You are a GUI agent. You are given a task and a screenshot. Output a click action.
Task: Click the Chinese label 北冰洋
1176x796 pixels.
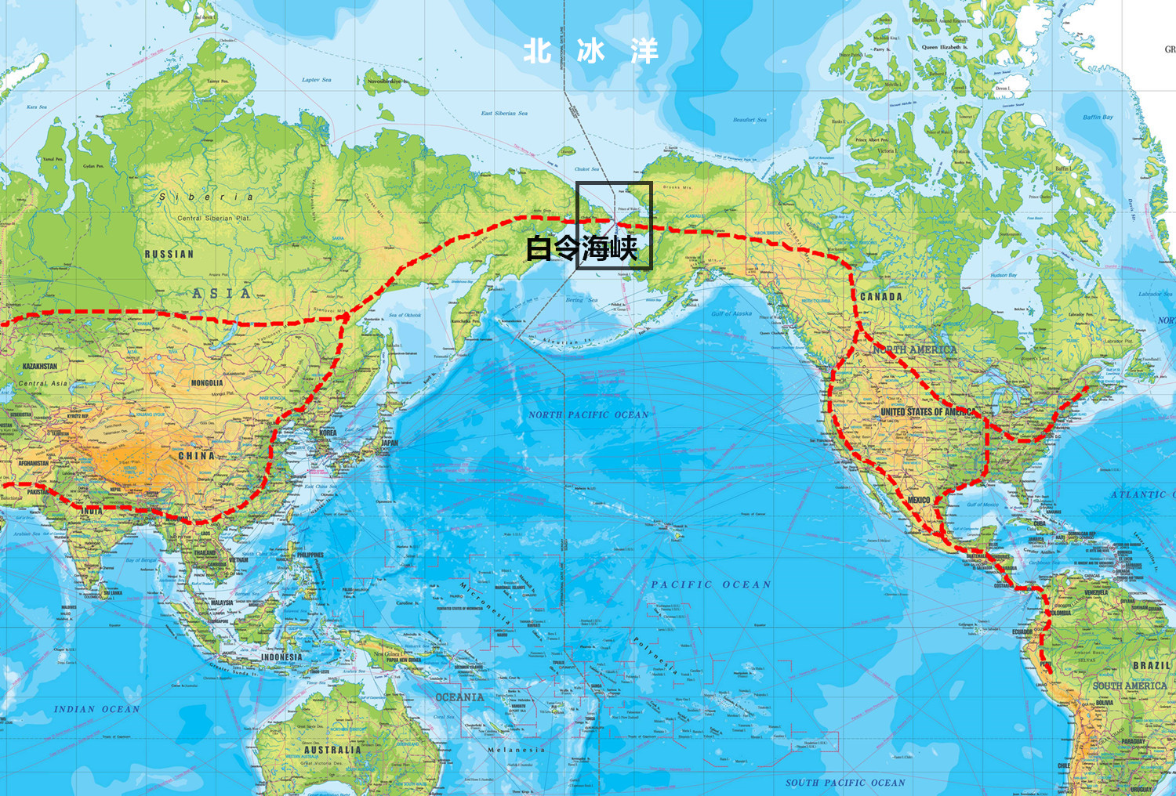tap(590, 52)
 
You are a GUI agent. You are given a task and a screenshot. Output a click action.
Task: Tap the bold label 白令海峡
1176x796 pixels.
tap(581, 248)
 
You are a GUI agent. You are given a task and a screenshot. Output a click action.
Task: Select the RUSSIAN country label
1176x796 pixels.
tap(169, 254)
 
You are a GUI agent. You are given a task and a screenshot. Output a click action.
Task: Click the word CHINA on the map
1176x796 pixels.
tap(196, 455)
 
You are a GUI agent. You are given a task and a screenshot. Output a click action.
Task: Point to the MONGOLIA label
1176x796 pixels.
tap(207, 383)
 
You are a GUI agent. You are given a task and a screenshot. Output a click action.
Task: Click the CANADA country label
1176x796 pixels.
tap(880, 296)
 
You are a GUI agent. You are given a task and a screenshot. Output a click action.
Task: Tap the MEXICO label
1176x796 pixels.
tap(918, 500)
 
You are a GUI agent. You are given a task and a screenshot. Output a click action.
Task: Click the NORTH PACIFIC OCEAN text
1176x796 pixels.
tap(588, 414)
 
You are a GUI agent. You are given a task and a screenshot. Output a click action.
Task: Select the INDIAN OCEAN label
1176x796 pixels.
tap(96, 709)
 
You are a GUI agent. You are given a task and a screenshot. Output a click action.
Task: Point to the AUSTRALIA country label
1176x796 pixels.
tap(332, 749)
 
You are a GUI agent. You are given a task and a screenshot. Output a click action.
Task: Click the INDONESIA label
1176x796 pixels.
tap(281, 657)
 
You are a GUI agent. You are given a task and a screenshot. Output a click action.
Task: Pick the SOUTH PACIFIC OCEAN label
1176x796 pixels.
tap(845, 782)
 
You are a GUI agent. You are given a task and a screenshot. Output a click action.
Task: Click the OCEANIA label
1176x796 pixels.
tap(459, 696)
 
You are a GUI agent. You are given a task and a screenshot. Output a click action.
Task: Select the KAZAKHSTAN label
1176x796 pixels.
tap(40, 366)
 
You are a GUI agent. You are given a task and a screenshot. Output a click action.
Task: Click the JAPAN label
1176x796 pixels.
tap(390, 443)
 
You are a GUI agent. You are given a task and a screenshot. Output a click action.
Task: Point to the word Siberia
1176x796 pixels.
tap(206, 197)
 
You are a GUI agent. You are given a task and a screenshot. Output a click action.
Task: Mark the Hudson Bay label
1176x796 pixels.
tap(1004, 275)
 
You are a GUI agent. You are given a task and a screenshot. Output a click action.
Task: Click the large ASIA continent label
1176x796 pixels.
tap(222, 293)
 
